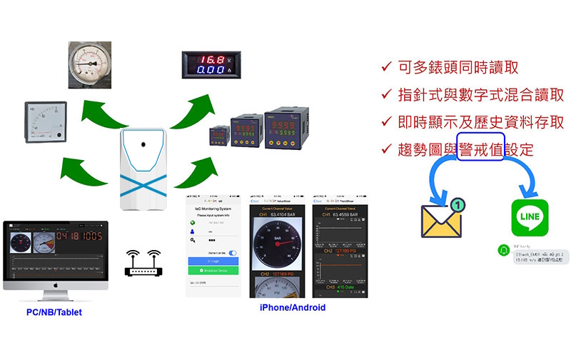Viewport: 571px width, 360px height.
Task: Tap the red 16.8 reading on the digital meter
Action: tap(209, 59)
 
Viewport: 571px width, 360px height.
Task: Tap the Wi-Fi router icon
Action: tap(143, 264)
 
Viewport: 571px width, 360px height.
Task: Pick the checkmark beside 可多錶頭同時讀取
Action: tap(385, 68)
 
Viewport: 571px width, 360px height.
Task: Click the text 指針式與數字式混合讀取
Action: tap(481, 95)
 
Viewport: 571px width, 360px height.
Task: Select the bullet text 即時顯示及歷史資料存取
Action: tap(481, 122)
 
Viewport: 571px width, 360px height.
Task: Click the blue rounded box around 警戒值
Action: tap(481, 148)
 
